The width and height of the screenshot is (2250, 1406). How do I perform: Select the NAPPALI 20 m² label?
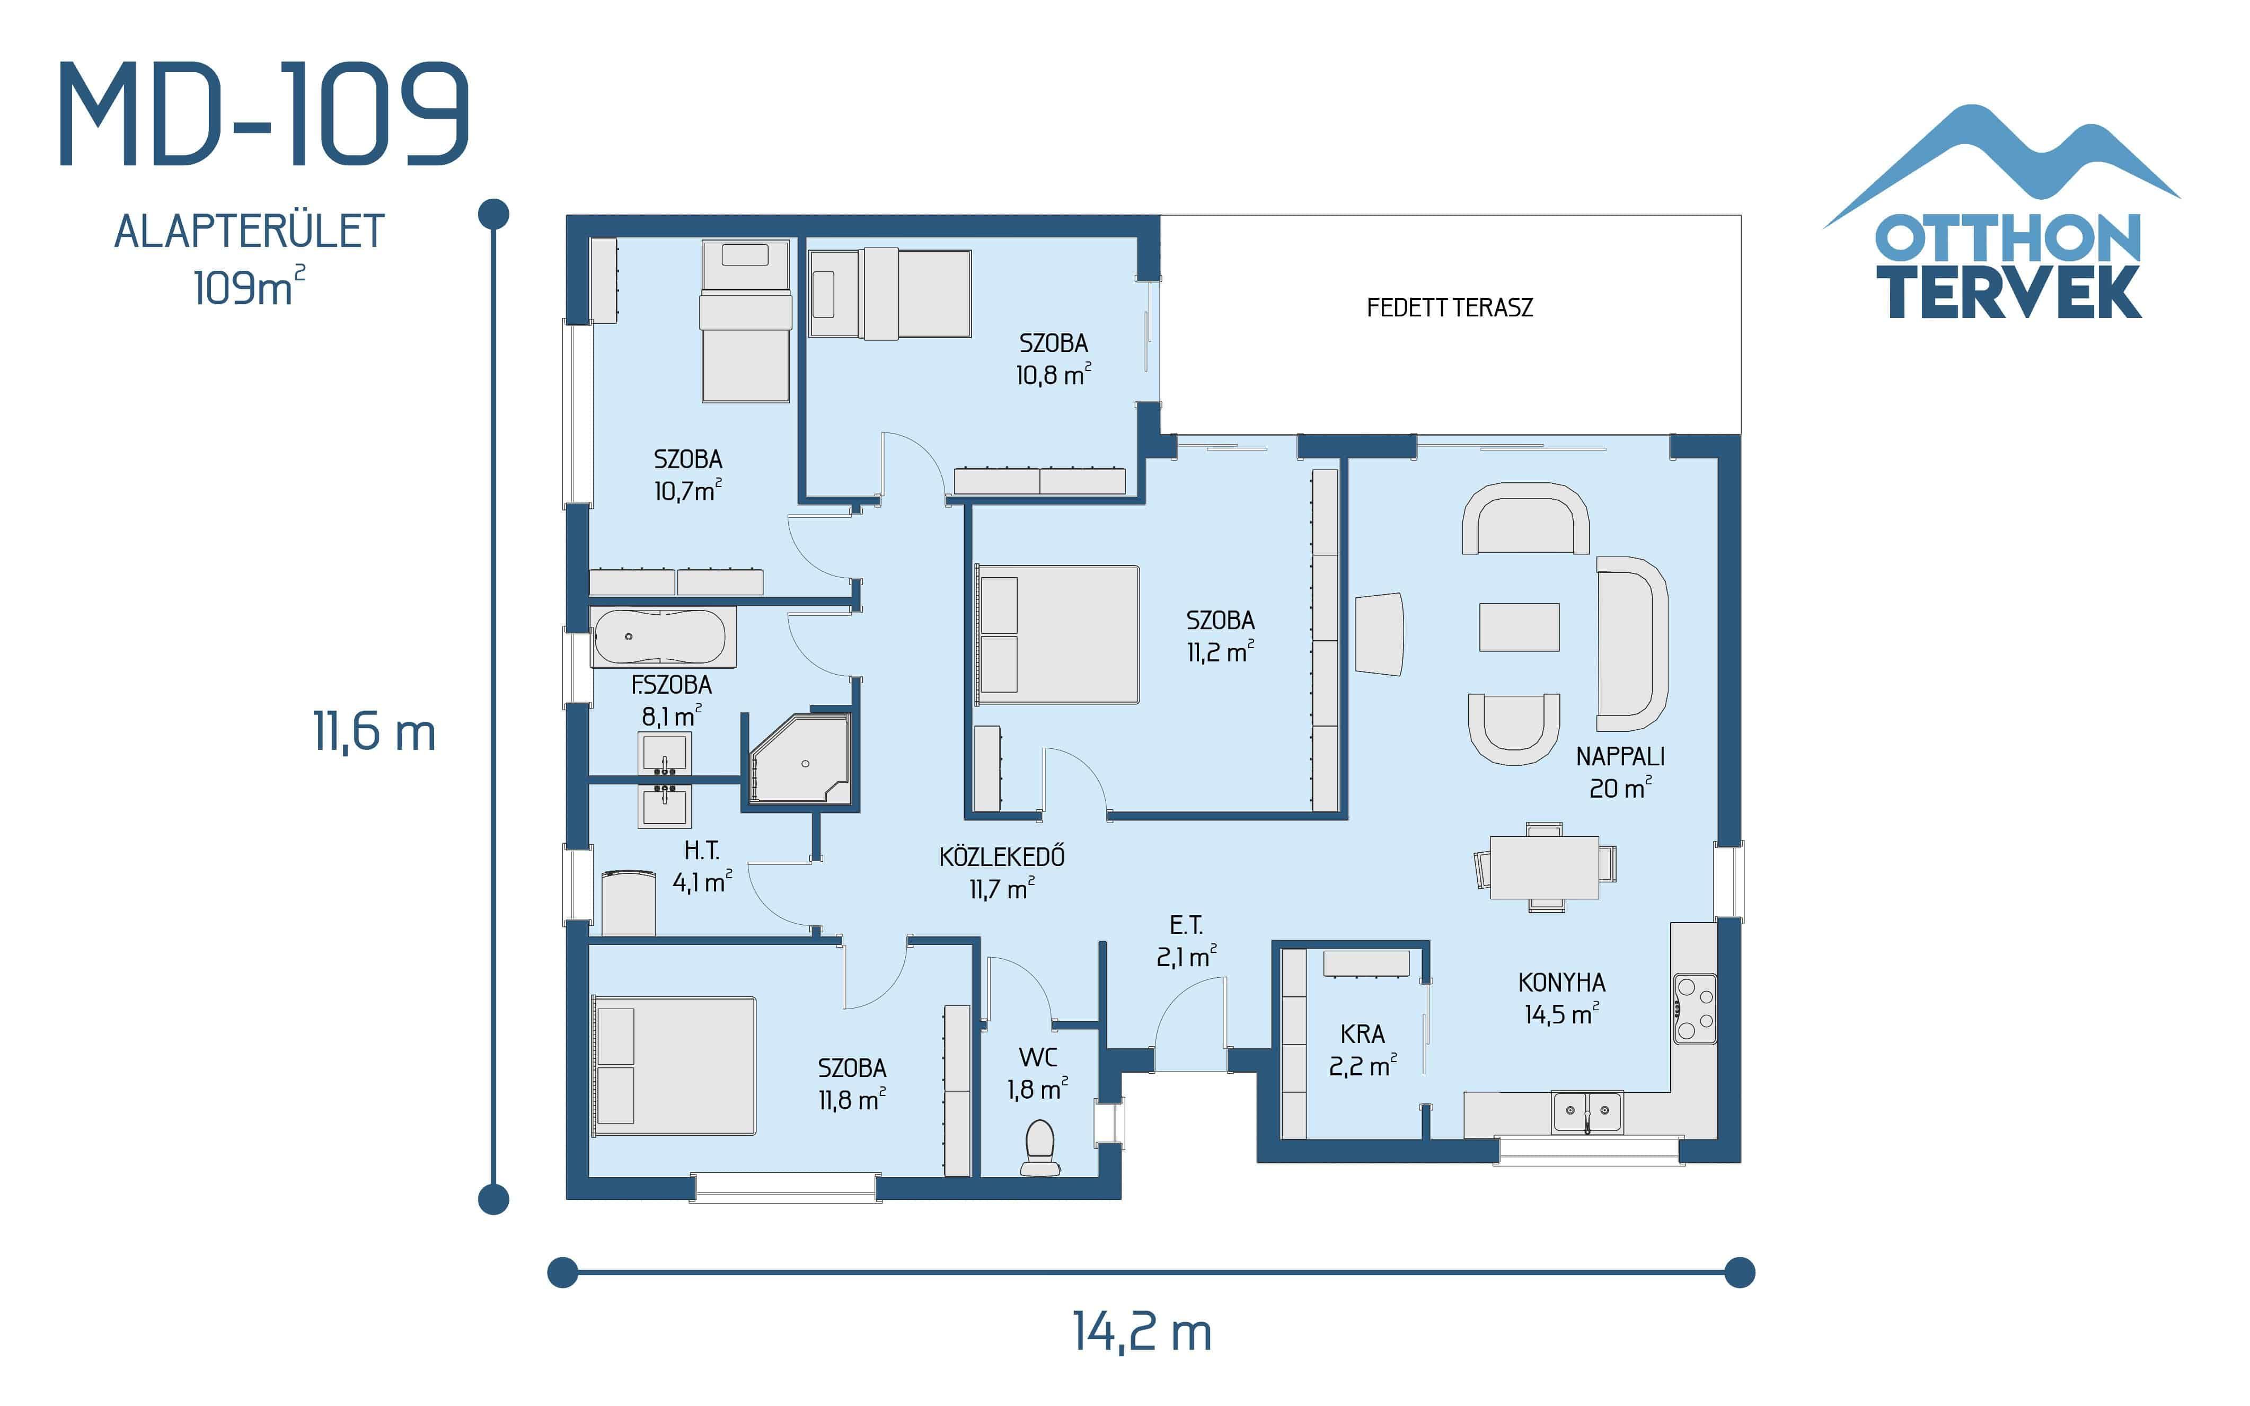tap(1620, 772)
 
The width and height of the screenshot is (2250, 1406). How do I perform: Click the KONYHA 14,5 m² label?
tap(1561, 998)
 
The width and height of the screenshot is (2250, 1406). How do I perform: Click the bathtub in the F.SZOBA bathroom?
tap(659, 637)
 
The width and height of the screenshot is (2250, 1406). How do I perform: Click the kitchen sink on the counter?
tap(1586, 1111)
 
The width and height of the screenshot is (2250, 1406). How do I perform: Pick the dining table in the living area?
tap(1545, 866)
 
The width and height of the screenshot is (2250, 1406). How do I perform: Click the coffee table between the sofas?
tap(1519, 627)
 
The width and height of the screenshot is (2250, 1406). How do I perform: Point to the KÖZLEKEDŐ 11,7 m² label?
tap(1001, 872)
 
